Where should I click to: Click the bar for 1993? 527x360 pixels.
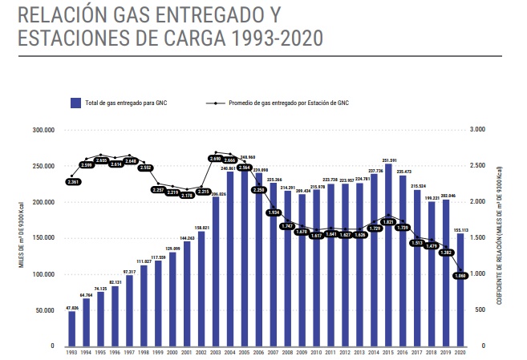pyautogui.click(x=72, y=329)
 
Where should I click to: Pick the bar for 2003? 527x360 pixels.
pyautogui.click(x=216, y=273)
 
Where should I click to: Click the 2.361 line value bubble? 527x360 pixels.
pyautogui.click(x=73, y=182)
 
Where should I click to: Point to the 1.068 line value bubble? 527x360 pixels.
pyautogui.click(x=460, y=276)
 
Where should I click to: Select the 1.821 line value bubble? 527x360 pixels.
pyautogui.click(x=389, y=221)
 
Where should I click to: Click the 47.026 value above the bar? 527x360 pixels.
pyautogui.click(x=72, y=306)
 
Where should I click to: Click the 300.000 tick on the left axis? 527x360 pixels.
pyautogui.click(x=43, y=130)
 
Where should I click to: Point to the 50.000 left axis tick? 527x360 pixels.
pyautogui.click(x=44, y=309)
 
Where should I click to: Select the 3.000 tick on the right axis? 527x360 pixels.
pyautogui.click(x=477, y=130)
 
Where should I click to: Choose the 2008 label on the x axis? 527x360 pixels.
pyautogui.click(x=288, y=352)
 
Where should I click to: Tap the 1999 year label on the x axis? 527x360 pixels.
pyautogui.click(x=158, y=352)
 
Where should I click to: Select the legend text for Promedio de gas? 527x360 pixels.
pyautogui.click(x=289, y=103)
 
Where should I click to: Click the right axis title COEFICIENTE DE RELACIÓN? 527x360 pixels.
pyautogui.click(x=500, y=241)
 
